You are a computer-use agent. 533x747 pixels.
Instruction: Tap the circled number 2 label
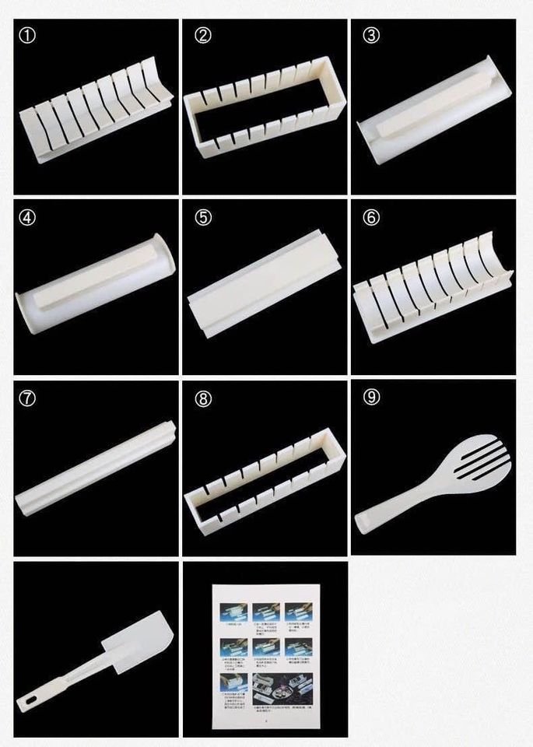[x=203, y=36]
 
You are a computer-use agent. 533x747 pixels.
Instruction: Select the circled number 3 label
[x=371, y=36]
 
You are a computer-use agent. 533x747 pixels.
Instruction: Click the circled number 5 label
[x=203, y=218]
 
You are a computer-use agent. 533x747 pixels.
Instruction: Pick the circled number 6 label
[x=371, y=218]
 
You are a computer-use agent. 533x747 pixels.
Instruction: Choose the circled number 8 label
[x=203, y=398]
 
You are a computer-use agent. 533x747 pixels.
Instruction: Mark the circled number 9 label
[x=371, y=398]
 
